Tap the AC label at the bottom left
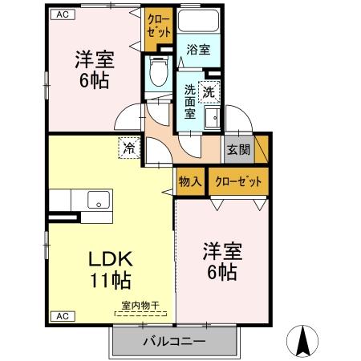tap(60, 316)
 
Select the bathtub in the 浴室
tap(197, 23)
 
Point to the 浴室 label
tap(197, 50)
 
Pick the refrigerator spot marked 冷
tap(129, 147)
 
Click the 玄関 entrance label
tap(237, 148)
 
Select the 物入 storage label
tap(189, 181)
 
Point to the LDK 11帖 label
tap(110, 270)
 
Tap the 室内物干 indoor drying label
tap(140, 305)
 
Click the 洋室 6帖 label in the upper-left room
tap(92, 69)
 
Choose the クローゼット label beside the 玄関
tap(238, 181)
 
